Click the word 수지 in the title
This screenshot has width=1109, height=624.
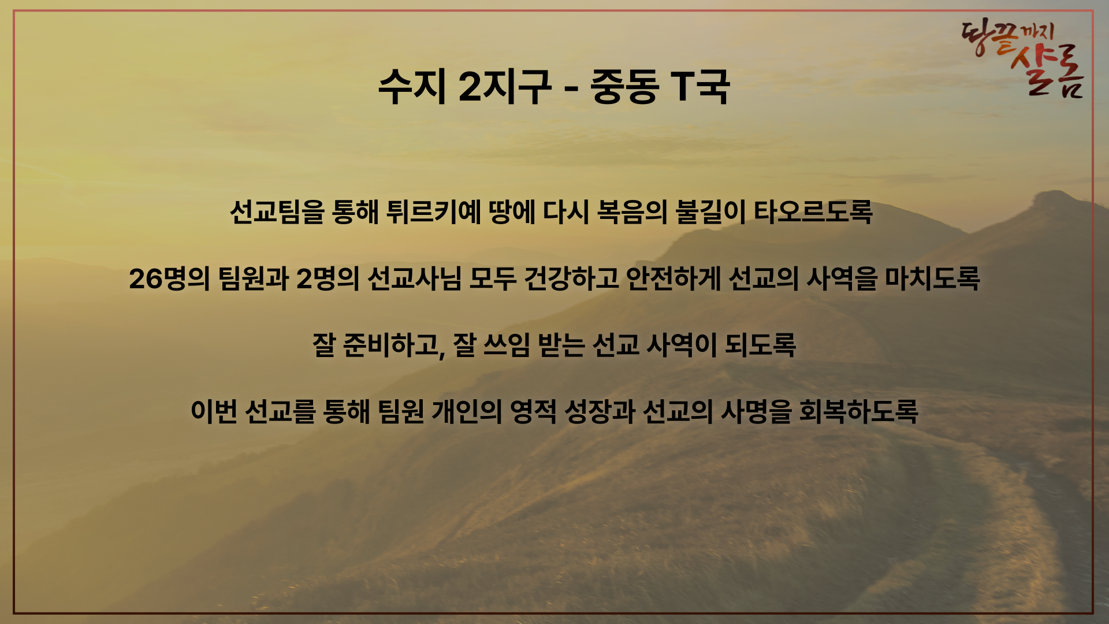click(x=412, y=87)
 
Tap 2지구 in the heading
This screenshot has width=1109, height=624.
click(x=505, y=87)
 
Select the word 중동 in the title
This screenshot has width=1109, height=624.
click(x=624, y=87)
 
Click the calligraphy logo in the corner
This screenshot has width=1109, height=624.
click(x=1023, y=58)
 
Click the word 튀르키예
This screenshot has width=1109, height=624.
click(x=434, y=212)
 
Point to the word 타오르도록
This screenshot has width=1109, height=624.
click(x=813, y=212)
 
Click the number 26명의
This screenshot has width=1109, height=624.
click(x=169, y=278)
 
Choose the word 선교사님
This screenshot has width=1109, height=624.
click(x=414, y=278)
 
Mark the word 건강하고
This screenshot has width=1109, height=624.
click(x=571, y=278)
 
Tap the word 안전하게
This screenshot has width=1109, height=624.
click(x=673, y=278)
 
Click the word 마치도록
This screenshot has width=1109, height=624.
click(x=933, y=278)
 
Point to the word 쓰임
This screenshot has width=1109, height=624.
click(x=506, y=346)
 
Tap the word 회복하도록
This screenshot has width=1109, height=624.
click(x=858, y=411)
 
